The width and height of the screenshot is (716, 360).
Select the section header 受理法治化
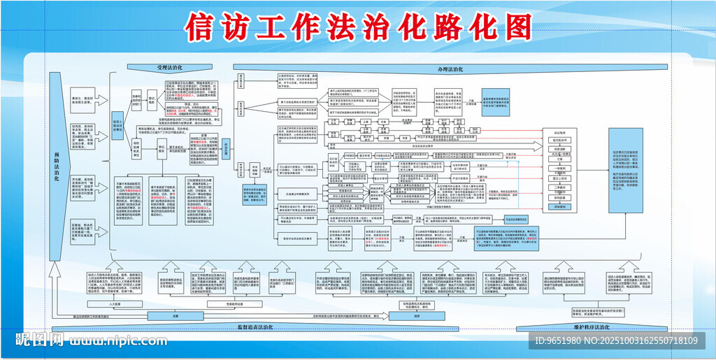tap(169, 67)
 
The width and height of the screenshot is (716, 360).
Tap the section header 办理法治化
tap(451, 70)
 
